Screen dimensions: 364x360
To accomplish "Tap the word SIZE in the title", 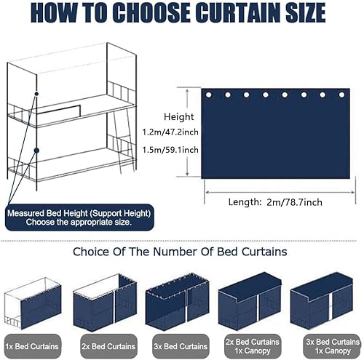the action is (x=306, y=12).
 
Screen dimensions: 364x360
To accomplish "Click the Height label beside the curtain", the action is (x=179, y=117).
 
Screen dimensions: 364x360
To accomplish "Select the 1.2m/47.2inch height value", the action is (x=170, y=132).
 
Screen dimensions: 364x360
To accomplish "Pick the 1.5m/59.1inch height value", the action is (x=170, y=150).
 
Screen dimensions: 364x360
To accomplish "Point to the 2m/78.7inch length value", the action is (x=294, y=202).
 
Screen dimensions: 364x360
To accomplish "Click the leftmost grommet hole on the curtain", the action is (x=208, y=95).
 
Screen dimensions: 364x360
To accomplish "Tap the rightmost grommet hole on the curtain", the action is (x=341, y=95).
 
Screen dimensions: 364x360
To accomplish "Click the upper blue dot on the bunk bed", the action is (x=36, y=94).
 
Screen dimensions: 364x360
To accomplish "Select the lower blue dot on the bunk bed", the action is (x=36, y=151).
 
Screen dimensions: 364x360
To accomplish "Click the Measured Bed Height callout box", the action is (x=79, y=217).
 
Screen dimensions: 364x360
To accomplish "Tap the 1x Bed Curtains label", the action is (x=32, y=346).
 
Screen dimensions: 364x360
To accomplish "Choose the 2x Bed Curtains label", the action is (x=108, y=346).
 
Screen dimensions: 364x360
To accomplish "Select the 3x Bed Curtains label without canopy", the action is (x=181, y=346).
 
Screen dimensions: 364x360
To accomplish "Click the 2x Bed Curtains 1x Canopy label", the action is (x=253, y=346).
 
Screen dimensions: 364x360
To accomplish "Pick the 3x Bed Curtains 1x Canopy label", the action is (x=333, y=346).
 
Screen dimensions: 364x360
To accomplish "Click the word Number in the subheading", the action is (x=183, y=252).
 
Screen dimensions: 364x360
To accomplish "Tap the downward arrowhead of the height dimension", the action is (x=187, y=174).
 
